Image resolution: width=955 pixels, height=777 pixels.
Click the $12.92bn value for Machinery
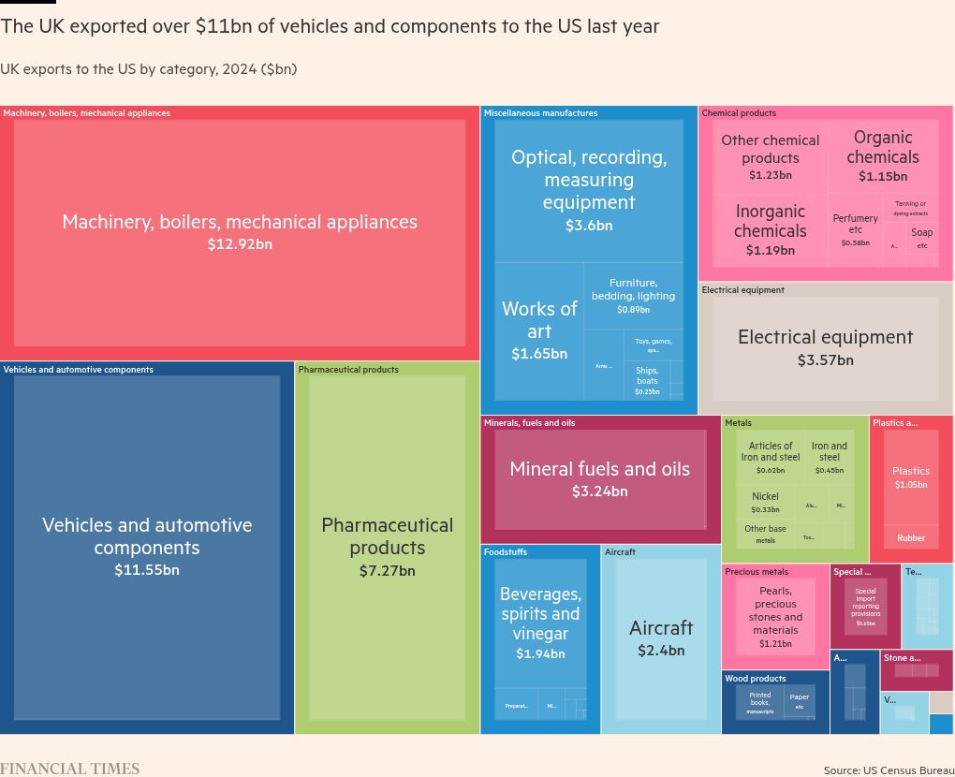tap(240, 244)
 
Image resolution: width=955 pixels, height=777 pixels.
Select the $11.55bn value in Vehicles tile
tap(147, 570)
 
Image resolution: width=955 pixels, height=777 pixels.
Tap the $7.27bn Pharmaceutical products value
tap(387, 570)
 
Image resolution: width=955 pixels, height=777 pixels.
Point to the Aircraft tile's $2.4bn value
tap(661, 651)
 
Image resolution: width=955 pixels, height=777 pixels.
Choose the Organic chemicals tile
tap(883, 155)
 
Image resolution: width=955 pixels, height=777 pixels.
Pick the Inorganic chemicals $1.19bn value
tap(770, 250)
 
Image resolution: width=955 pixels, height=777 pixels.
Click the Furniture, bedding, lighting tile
tap(633, 295)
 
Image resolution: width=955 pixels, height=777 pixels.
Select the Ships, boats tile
tap(647, 380)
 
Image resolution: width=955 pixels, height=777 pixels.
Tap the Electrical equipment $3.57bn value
tap(825, 360)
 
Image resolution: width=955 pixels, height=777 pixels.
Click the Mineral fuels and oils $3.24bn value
tap(599, 491)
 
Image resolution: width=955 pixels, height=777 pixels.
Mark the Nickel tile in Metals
tap(765, 503)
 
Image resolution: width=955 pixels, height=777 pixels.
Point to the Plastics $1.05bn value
tap(911, 485)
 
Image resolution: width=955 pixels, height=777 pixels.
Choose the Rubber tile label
tap(911, 538)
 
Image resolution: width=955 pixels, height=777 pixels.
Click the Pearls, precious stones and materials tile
tap(775, 616)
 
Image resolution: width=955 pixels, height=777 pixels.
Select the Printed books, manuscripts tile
tap(760, 702)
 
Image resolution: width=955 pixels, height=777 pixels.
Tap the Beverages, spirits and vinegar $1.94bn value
tap(540, 654)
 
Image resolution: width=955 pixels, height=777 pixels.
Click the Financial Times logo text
tap(70, 769)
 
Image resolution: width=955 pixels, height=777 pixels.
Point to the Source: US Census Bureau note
tap(889, 770)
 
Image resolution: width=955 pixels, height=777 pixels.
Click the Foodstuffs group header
tap(506, 552)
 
